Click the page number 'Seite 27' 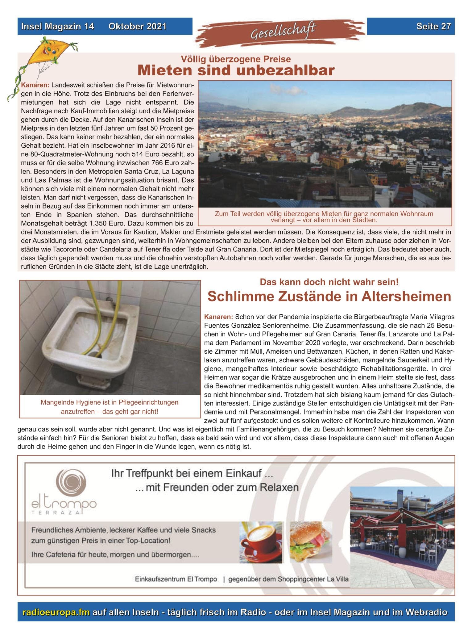[433, 27]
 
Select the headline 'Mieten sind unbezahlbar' [236, 70]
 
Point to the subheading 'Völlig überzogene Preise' [236, 59]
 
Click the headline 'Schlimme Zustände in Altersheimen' [329, 296]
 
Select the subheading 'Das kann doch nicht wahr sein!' [329, 282]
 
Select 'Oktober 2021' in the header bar [137, 27]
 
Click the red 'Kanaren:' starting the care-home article [218, 317]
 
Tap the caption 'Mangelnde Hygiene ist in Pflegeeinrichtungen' [110, 402]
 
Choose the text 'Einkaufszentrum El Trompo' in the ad [176, 579]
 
